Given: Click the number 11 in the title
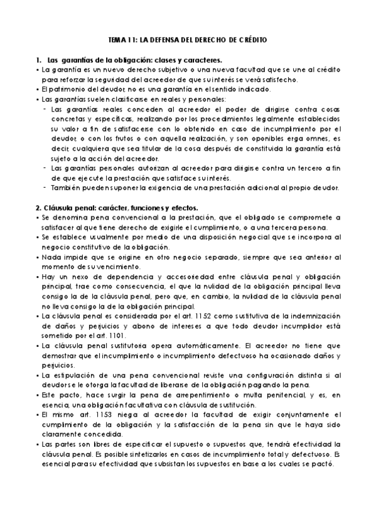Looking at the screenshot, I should point(128,40).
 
